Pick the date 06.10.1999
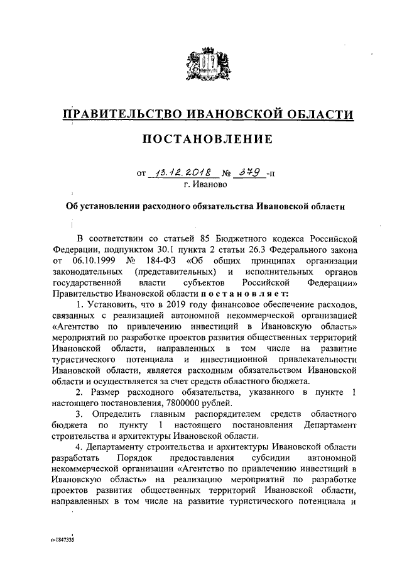click(93, 260)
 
